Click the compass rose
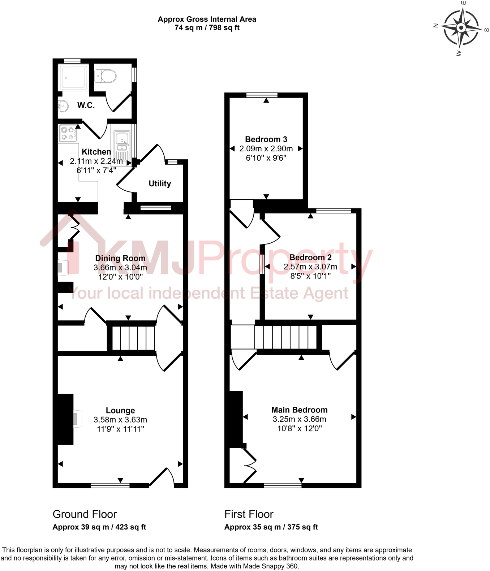(461, 28)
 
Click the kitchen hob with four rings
(68, 133)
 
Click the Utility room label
(160, 183)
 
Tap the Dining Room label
(120, 258)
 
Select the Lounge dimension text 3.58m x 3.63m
(120, 420)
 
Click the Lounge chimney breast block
(65, 419)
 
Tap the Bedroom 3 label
(266, 139)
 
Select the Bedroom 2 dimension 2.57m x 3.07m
(310, 267)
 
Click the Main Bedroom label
(299, 410)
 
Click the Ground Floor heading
(85, 514)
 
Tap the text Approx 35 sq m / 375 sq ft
(271, 527)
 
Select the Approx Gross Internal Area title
(207, 20)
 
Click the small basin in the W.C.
(63, 107)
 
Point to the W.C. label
(86, 105)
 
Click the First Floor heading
(249, 514)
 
